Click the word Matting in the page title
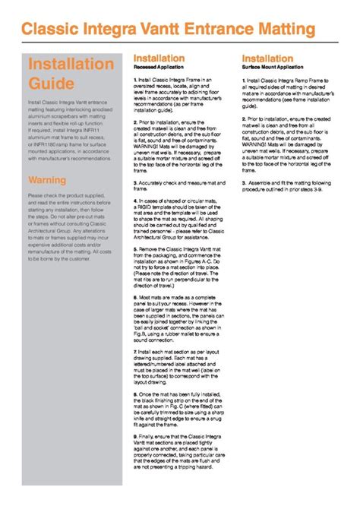(x=285, y=29)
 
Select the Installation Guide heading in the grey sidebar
(x=61, y=73)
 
